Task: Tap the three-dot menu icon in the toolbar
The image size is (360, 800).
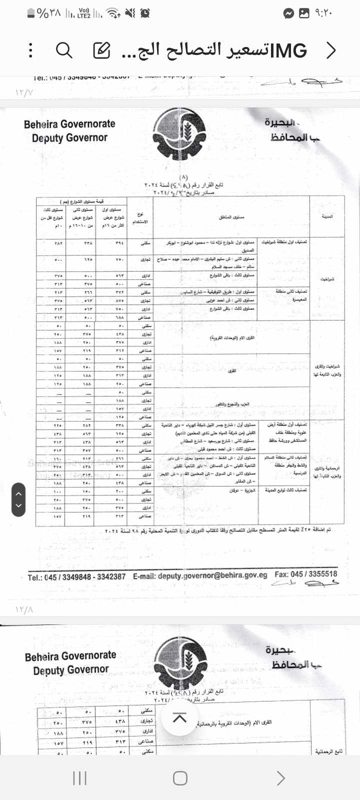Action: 31,50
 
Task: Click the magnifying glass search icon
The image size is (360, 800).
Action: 64,50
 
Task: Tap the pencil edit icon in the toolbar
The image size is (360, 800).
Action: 101,50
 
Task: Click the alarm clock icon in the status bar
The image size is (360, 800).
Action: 145,13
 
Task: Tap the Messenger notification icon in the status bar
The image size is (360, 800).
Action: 288,13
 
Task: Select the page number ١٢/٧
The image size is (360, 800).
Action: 24,93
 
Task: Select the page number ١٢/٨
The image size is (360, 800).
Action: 24,610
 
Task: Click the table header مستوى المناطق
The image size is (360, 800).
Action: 231,217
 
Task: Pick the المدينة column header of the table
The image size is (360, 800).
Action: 327,217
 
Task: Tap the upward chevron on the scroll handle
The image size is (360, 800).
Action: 18,494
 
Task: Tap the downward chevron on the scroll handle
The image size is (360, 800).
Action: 18,505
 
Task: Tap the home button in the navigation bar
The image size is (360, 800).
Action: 180,778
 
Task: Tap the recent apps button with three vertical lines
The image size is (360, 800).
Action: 79,778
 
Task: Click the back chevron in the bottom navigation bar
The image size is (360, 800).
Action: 280,778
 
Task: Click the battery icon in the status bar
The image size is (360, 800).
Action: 31,13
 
